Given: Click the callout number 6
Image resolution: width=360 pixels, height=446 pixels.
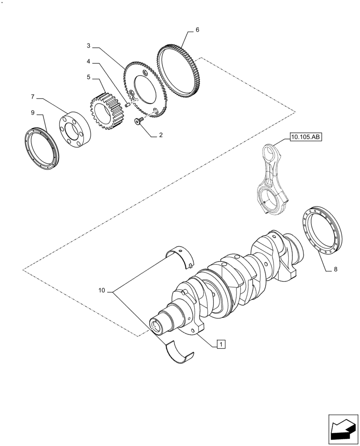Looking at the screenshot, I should [x=197, y=30].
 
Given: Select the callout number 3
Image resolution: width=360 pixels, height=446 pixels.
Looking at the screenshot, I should [x=89, y=45].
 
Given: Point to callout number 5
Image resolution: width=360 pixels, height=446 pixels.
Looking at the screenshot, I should [x=89, y=77].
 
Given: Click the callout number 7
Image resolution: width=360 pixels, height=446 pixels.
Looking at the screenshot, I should [x=33, y=96].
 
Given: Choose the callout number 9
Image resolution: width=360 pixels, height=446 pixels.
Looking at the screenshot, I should [x=33, y=113].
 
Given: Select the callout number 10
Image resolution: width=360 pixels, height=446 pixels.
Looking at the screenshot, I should [x=102, y=290].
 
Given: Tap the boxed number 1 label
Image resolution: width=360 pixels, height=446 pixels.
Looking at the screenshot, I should [x=221, y=343].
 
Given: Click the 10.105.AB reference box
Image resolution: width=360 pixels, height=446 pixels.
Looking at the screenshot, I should [x=305, y=137].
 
